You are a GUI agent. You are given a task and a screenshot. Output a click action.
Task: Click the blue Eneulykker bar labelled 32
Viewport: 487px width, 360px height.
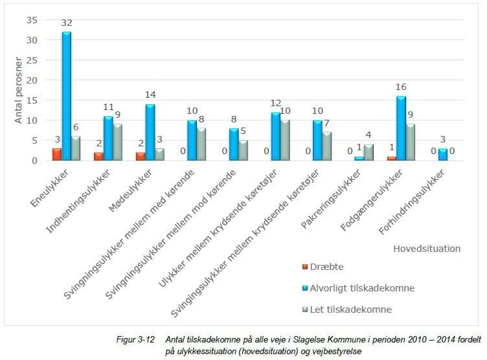point(67,96)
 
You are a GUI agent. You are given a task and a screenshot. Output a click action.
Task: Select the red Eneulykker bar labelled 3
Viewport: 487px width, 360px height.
point(57,154)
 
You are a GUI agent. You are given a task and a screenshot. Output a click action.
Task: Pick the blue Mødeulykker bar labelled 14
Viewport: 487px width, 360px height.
point(151,132)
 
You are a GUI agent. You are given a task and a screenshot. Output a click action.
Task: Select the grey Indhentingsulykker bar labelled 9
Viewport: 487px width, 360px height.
point(119,142)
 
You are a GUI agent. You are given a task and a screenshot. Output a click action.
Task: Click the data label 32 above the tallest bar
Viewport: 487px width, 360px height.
point(67,23)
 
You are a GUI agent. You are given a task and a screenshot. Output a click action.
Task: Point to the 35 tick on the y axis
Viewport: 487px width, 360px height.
point(31,20)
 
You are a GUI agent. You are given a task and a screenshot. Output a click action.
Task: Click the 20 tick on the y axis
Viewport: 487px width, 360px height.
point(31,80)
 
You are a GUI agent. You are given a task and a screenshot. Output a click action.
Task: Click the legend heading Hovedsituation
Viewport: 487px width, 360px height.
point(426,247)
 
